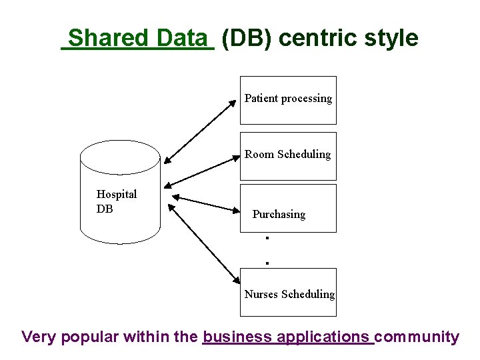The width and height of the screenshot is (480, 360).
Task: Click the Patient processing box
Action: click(288, 100)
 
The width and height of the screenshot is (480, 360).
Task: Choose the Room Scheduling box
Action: click(288, 156)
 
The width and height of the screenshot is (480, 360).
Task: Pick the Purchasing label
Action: click(279, 214)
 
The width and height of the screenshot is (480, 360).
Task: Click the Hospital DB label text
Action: click(116, 201)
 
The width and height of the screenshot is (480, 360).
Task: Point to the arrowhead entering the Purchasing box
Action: click(235, 211)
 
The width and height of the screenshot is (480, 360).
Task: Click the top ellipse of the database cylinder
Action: click(120, 157)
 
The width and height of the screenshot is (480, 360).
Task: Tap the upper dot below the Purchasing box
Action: click(266, 237)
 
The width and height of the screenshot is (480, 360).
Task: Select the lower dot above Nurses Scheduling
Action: click(267, 263)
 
